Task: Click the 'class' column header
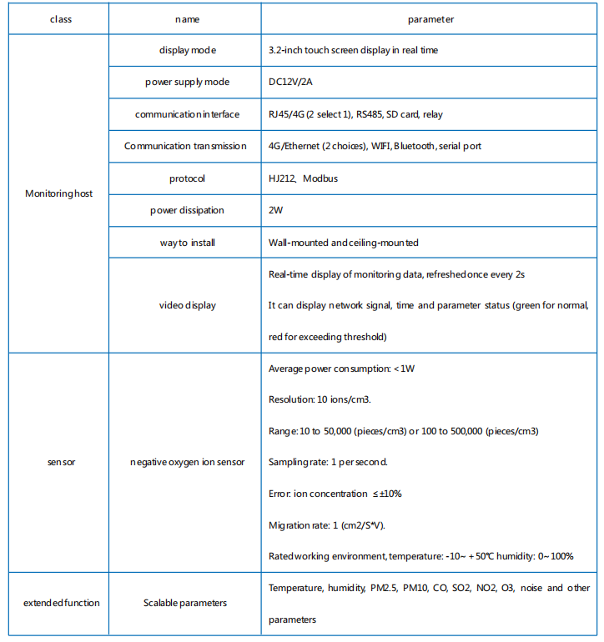point(60,18)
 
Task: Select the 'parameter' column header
point(430,18)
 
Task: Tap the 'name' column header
point(187,18)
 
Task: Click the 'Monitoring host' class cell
point(59,193)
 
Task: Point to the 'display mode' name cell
point(187,50)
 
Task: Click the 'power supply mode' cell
point(187,83)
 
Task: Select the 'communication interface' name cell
point(187,114)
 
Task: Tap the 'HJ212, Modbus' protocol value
point(303,178)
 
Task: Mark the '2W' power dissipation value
point(276,210)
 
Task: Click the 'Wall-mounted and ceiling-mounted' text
point(343,243)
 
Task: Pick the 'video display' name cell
point(187,305)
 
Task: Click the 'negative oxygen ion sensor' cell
point(187,462)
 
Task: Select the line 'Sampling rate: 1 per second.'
point(328,462)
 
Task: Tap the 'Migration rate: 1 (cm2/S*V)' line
point(327,524)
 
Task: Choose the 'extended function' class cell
point(61,603)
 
